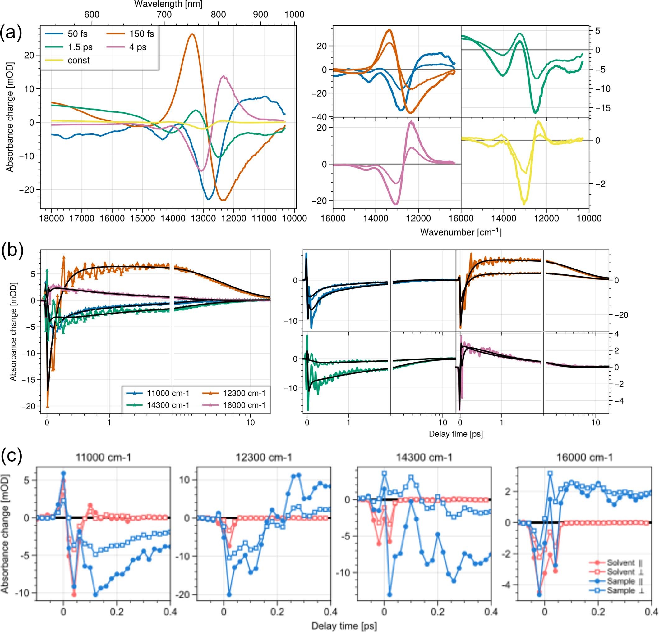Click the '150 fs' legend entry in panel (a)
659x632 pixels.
[141, 34]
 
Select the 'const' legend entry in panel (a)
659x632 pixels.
[78, 61]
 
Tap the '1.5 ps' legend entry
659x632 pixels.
[80, 47]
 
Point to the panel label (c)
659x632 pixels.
[12, 456]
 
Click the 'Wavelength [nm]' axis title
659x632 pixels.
[168, 4]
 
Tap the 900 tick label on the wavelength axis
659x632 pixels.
[260, 15]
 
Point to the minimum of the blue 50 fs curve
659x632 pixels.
[209, 199]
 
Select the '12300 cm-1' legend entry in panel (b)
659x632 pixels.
[244, 393]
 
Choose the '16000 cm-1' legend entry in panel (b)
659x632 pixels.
[244, 405]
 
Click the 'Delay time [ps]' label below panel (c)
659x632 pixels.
[344, 625]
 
